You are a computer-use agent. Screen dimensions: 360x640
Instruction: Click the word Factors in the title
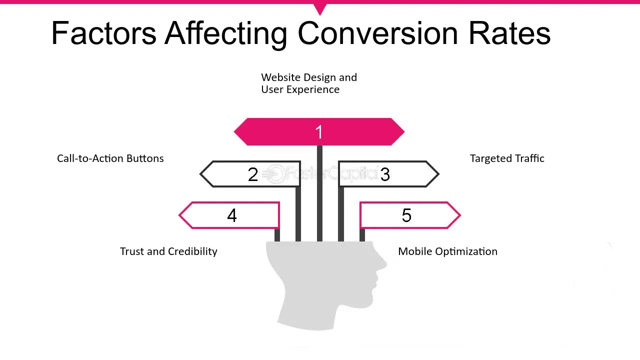(x=103, y=33)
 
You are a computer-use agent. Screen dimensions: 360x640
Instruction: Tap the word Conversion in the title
(x=377, y=33)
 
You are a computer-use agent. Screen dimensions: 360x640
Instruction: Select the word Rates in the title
(x=509, y=33)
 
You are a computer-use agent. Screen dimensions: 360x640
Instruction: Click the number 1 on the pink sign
(x=319, y=132)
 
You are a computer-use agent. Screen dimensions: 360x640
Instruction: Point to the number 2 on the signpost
(x=253, y=174)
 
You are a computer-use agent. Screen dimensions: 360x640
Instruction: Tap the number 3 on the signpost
(x=384, y=174)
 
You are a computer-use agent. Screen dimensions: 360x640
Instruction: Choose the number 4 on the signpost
(x=231, y=215)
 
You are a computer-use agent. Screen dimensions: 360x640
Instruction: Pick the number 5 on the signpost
(x=406, y=215)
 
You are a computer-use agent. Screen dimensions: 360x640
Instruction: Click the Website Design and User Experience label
(x=308, y=83)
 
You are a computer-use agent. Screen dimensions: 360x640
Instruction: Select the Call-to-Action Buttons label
(x=110, y=158)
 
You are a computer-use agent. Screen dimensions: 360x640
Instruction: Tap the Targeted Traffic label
(x=506, y=158)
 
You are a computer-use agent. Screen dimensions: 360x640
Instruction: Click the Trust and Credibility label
(x=168, y=251)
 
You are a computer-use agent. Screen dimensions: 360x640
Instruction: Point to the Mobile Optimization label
(x=447, y=251)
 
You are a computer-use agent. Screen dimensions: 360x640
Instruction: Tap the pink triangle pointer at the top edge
(x=320, y=8)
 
